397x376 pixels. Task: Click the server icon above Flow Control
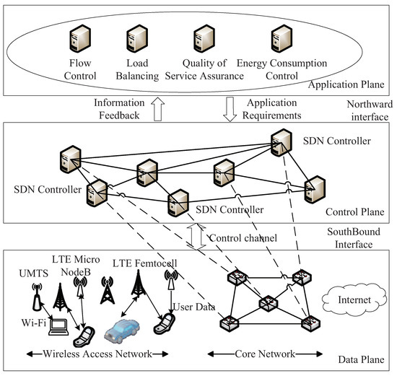point(80,38)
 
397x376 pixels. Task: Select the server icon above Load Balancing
point(137,38)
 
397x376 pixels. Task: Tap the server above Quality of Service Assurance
point(204,38)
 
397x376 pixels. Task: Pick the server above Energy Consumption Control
point(282,38)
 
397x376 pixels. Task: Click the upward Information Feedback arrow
point(158,109)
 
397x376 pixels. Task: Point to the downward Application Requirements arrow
point(230,110)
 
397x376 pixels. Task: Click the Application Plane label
point(346,84)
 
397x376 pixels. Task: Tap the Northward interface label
point(370,110)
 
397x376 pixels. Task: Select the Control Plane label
point(354,211)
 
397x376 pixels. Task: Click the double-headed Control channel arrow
point(196,237)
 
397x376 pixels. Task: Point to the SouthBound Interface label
point(354,238)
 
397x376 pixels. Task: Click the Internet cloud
point(354,300)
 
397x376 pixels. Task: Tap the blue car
point(122,331)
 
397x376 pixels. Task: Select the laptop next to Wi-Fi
point(58,327)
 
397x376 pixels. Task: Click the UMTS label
point(34,274)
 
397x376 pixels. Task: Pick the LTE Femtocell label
point(144,263)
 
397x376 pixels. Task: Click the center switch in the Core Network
point(268,303)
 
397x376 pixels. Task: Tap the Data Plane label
point(362,359)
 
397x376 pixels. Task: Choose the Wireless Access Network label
point(97,354)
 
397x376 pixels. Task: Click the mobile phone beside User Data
point(165,324)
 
